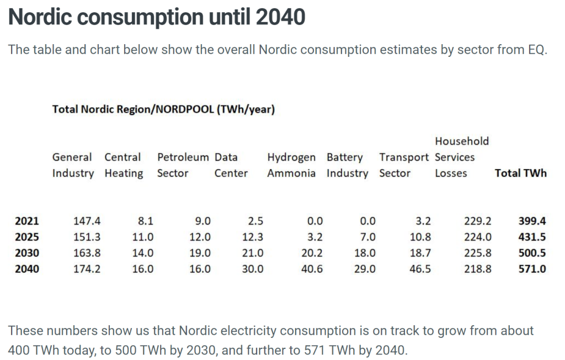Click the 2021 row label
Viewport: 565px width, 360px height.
click(x=27, y=221)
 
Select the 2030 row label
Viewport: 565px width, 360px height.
click(x=27, y=253)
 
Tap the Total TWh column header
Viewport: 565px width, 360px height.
click(x=521, y=173)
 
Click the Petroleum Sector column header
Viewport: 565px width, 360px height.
click(x=183, y=165)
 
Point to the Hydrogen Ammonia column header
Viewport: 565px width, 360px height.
click(x=291, y=165)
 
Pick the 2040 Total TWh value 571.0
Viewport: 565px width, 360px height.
click(x=532, y=269)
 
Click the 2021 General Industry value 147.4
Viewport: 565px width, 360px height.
click(x=87, y=221)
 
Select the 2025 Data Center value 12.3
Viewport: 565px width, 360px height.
click(x=253, y=237)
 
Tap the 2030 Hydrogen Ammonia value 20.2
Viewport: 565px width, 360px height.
click(x=312, y=253)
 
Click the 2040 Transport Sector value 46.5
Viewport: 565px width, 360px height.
click(x=420, y=269)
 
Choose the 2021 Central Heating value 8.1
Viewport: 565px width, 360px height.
click(x=146, y=221)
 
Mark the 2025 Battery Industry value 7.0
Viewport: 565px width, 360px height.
click(x=368, y=237)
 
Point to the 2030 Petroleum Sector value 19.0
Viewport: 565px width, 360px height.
click(x=200, y=253)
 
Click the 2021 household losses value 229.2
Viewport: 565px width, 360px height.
click(x=477, y=221)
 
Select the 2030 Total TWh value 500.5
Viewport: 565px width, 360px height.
click(x=532, y=253)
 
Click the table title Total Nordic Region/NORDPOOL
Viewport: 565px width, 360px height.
click(x=134, y=109)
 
